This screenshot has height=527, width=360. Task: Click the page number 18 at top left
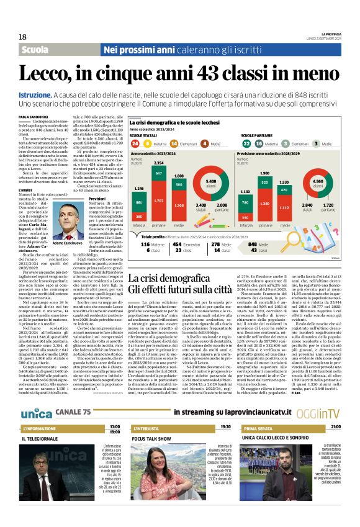coord(22,37)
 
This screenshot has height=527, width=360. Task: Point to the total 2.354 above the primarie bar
coord(159,163)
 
